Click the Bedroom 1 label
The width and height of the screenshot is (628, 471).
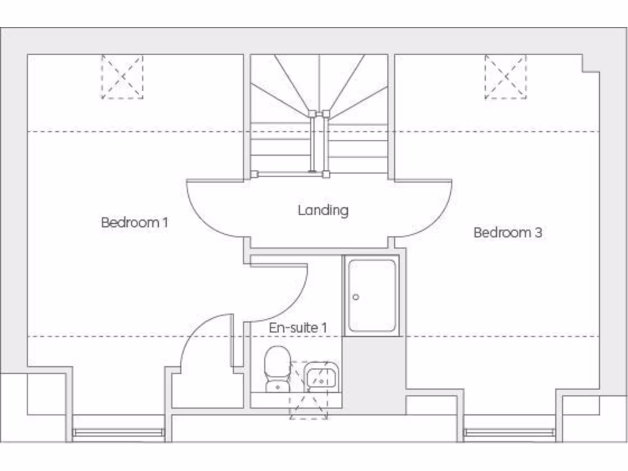[134, 222]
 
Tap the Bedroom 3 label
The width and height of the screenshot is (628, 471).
[508, 232]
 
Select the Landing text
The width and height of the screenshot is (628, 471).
[323, 210]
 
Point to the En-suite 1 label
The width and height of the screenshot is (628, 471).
[297, 328]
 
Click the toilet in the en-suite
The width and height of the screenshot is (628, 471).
[277, 368]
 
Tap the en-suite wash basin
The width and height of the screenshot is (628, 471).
[320, 376]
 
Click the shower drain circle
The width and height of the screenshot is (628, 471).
[356, 297]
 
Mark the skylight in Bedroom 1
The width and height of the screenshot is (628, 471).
[122, 77]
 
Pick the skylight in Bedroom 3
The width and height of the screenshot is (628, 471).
[505, 77]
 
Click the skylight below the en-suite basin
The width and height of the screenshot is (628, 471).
[308, 405]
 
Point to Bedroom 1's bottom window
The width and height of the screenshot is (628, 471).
[118, 433]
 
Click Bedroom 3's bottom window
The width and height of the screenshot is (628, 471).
[509, 433]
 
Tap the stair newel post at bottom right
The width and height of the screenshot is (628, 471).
[326, 174]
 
